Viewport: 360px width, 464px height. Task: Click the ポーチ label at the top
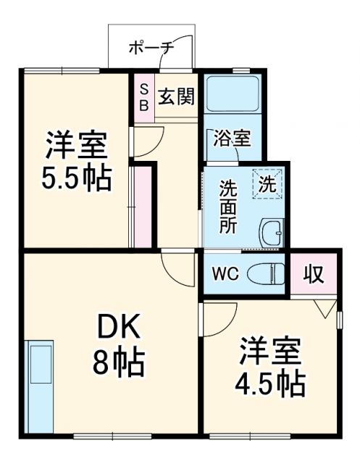pyautogui.click(x=151, y=48)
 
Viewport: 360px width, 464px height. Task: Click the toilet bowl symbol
pyautogui.click(x=266, y=274)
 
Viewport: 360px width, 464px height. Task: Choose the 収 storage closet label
pyautogui.click(x=313, y=274)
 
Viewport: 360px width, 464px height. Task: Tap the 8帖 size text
pyautogui.click(x=117, y=360)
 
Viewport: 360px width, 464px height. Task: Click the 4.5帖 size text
pyautogui.click(x=268, y=381)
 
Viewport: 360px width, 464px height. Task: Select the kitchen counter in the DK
pyautogui.click(x=41, y=384)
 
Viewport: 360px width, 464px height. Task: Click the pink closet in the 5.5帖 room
pyautogui.click(x=143, y=207)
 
